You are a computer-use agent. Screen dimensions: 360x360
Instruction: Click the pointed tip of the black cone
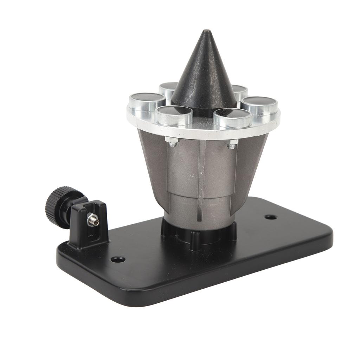[x=207, y=32]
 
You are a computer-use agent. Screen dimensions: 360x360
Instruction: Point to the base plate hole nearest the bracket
[x=118, y=259]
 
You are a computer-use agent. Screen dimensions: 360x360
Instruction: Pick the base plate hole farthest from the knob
[x=270, y=217]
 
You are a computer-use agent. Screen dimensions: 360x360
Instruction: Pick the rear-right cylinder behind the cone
[x=240, y=91]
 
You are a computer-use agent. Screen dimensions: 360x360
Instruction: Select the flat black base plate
[x=211, y=267]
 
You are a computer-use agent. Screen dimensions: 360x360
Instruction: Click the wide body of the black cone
[x=204, y=84]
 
